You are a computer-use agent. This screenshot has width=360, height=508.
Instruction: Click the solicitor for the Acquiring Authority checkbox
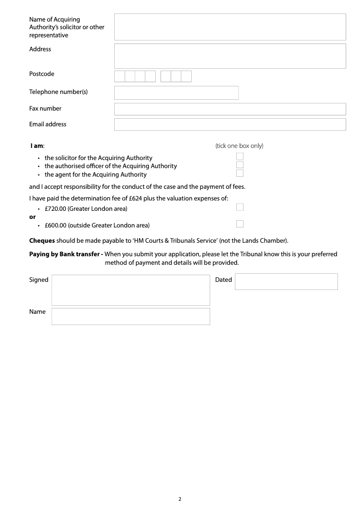click(x=240, y=156)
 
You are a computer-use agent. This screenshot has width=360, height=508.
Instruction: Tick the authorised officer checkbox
click(x=240, y=165)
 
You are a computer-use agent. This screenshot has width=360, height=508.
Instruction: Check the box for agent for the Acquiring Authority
click(x=240, y=173)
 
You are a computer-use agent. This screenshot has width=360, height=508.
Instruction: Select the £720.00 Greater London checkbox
click(x=240, y=207)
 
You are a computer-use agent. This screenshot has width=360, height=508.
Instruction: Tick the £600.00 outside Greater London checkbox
click(x=240, y=224)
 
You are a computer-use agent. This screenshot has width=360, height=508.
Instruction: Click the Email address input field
click(x=230, y=125)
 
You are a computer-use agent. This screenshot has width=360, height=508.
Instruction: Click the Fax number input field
click(x=230, y=109)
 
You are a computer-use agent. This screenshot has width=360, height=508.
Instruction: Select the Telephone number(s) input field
click(x=176, y=93)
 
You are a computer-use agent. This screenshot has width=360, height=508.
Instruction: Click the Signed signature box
click(x=130, y=290)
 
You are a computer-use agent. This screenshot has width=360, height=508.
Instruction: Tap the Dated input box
click(x=286, y=282)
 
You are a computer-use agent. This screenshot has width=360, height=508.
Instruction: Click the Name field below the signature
click(x=130, y=316)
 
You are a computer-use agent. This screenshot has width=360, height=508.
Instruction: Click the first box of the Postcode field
click(x=120, y=76)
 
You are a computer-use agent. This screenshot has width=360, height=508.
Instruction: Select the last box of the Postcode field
click(x=186, y=76)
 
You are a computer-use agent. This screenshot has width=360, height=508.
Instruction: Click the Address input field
click(x=230, y=56)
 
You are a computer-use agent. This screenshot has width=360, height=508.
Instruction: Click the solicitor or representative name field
click(x=230, y=27)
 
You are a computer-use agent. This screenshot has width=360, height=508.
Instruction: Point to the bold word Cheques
click(x=42, y=241)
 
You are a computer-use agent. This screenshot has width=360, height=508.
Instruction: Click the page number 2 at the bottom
click(x=180, y=499)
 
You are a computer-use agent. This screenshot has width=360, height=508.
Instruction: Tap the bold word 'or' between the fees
click(x=32, y=217)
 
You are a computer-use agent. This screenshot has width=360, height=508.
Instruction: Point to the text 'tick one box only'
click(x=239, y=146)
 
